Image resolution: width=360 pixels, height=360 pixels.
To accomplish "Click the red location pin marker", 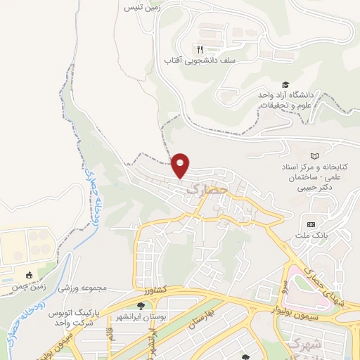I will click(x=181, y=166).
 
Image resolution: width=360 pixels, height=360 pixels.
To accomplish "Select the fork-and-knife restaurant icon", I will click(x=200, y=49).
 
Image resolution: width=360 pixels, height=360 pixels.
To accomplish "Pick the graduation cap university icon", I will click(x=285, y=84).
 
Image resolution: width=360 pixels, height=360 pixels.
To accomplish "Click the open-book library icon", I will click(x=314, y=155).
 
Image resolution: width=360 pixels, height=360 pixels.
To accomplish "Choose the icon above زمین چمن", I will click(x=28, y=275).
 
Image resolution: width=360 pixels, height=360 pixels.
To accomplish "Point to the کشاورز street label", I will click(x=149, y=290).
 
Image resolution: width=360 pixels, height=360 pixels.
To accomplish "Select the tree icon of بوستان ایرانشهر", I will click(x=141, y=306).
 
